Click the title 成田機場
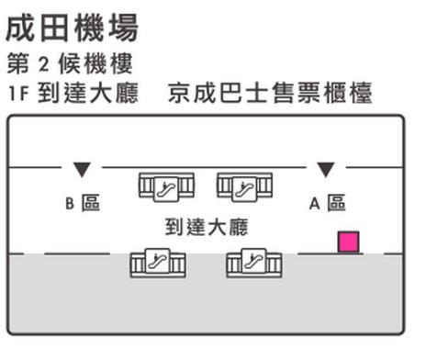pos(72,27)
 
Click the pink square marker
pos(348,242)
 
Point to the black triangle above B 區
pos(81,170)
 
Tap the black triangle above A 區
pos(325,170)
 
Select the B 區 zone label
pos(82,203)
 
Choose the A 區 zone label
pos(327,203)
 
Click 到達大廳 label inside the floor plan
pos(207,225)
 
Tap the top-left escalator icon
pos(166,186)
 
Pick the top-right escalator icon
pos(244,186)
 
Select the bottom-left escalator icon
pos(157,263)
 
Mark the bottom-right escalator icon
pos(253,263)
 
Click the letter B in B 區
pos(69,204)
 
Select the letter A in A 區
pos(313,204)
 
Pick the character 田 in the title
pos(54,27)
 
